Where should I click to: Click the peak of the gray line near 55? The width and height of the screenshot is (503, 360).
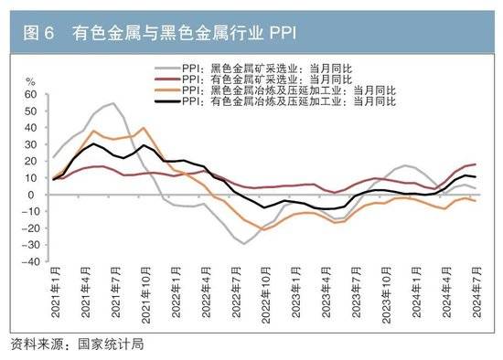[113, 103]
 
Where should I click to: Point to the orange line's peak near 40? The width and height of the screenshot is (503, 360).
[143, 128]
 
